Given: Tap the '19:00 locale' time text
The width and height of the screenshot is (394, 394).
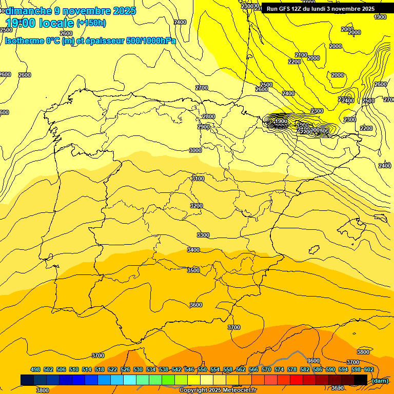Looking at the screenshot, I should click(40, 23).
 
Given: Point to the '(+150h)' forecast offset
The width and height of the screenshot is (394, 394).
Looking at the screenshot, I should click(91, 23).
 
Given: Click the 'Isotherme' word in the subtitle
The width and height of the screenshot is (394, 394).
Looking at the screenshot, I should click(24, 41).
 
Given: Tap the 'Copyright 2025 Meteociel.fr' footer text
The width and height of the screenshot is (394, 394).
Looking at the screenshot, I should click(218, 390).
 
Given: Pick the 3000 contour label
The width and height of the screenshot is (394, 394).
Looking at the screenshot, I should click(195, 150).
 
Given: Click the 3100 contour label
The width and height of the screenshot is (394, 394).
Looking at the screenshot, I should click(198, 179).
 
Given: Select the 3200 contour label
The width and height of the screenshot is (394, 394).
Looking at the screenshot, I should click(196, 206).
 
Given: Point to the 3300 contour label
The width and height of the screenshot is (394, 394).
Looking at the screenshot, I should click(203, 235).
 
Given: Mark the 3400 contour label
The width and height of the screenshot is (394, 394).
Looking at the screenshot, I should click(193, 250).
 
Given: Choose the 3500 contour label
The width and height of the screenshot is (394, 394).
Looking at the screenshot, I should click(193, 270).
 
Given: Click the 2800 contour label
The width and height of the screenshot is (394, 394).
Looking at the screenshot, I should click(209, 117).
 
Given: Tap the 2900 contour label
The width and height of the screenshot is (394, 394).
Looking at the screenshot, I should click(204, 127).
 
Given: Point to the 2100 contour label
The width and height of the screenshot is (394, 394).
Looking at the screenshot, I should click(301, 55).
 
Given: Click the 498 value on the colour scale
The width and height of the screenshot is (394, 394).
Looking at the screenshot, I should click(35, 369).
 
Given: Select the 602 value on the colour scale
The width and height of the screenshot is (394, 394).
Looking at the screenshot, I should click(369, 369).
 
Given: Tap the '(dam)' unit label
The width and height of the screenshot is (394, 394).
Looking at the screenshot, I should click(380, 381).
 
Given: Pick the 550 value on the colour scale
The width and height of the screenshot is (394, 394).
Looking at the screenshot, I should click(202, 369).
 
